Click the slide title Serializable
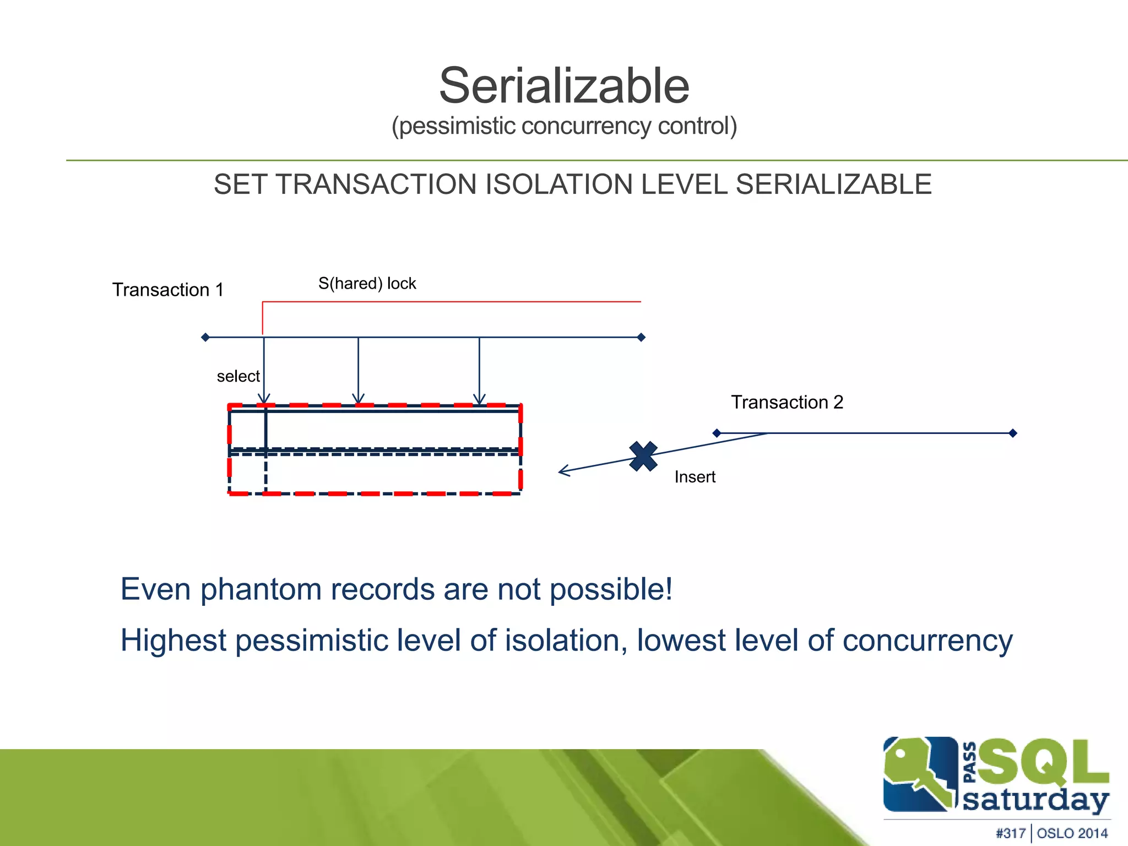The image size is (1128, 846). (564, 86)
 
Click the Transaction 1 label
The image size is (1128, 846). (168, 290)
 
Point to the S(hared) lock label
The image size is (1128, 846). (367, 284)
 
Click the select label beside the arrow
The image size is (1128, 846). (238, 376)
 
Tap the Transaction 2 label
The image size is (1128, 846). (787, 402)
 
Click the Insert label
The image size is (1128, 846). (695, 477)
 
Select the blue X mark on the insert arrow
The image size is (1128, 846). (643, 456)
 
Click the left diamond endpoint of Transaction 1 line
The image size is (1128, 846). (205, 337)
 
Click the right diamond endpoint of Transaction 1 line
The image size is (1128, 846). (641, 337)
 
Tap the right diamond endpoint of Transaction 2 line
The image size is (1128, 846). (1012, 433)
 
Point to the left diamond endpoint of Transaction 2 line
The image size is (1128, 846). (717, 433)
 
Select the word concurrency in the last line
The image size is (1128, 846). (928, 641)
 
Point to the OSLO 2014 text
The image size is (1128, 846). (1072, 833)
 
